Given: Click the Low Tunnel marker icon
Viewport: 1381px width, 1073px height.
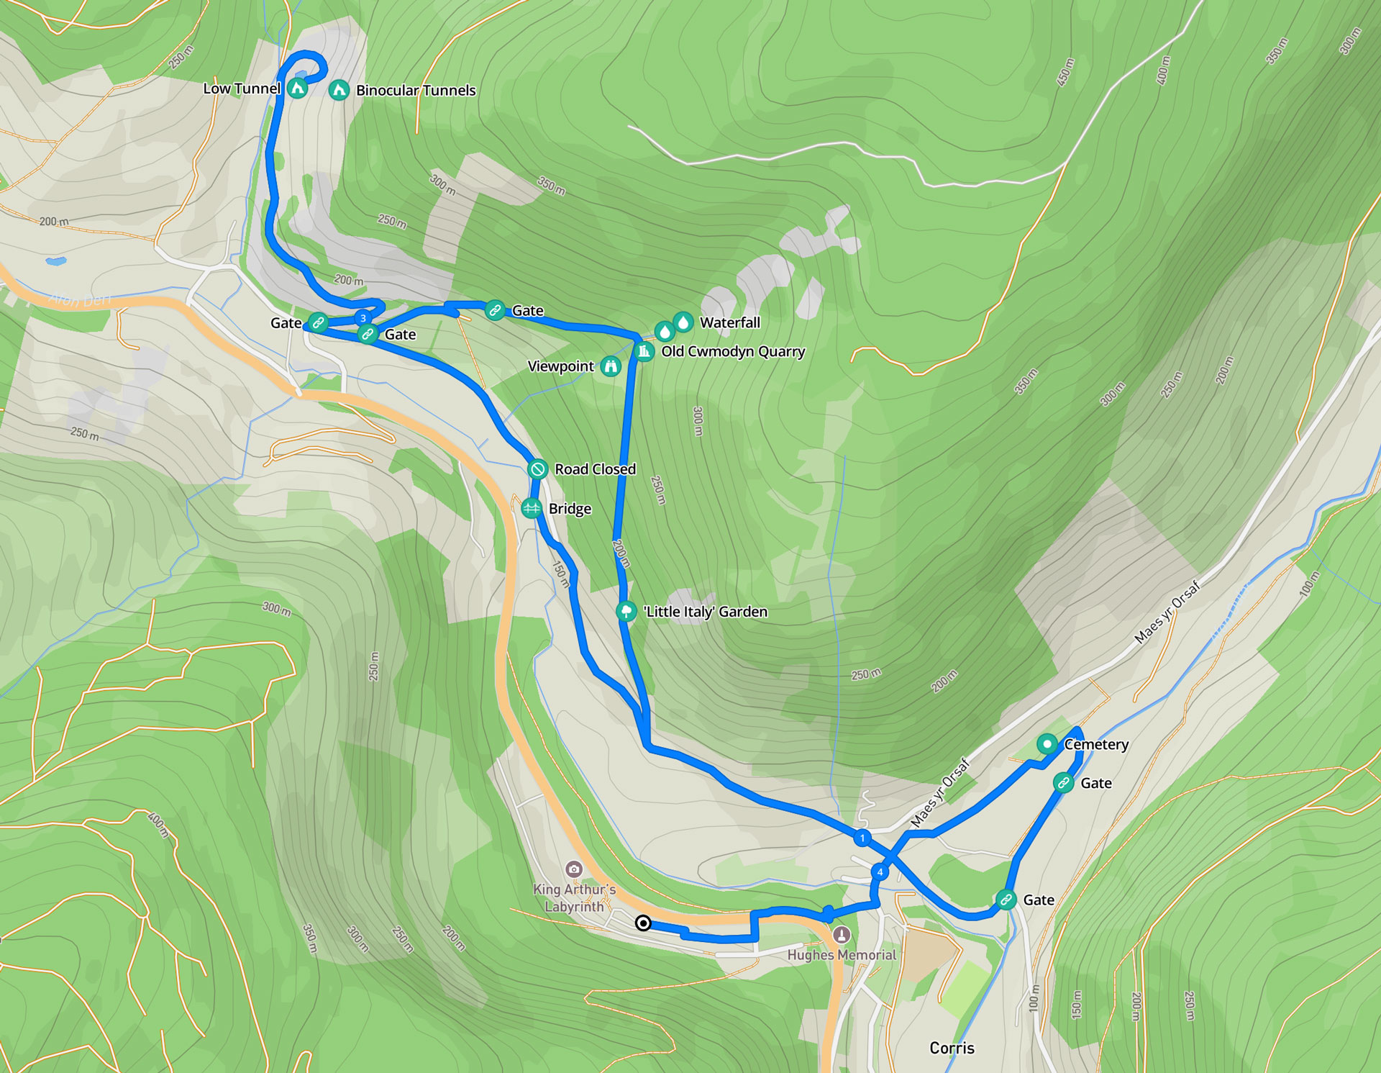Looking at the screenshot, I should (x=297, y=89).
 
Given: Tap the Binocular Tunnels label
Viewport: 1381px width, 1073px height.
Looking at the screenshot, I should (x=416, y=91).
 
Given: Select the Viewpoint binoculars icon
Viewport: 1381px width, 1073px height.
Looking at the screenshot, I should (x=611, y=366).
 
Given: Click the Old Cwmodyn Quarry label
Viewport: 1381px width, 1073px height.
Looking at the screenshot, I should (x=733, y=352).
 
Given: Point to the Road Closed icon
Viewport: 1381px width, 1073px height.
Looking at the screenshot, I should (x=537, y=469).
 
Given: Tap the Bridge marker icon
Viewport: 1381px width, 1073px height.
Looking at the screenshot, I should (x=532, y=508).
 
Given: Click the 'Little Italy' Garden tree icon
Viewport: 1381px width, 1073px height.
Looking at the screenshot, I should (x=626, y=612).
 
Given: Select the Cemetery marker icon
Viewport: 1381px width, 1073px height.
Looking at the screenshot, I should (x=1047, y=743).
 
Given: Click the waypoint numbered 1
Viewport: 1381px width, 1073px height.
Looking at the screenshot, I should (x=862, y=838).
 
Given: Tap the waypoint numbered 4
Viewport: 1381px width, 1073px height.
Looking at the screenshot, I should (x=879, y=872).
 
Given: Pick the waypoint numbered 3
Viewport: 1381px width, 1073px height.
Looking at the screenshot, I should (x=363, y=318).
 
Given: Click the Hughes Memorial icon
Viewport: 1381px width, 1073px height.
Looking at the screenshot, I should (x=842, y=934).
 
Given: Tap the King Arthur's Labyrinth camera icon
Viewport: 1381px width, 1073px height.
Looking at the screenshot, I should (x=573, y=869).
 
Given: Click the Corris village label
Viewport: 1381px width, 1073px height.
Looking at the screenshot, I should (x=952, y=1048).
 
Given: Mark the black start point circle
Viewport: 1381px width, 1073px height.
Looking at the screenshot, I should (x=643, y=923).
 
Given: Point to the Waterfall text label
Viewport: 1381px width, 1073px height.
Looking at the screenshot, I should (x=729, y=322).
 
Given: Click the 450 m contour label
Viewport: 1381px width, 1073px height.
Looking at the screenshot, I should (x=1065, y=73).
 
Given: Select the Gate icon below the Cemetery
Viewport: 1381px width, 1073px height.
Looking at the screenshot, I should (x=1063, y=782).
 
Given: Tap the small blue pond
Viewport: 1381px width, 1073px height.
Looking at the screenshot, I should (x=56, y=261).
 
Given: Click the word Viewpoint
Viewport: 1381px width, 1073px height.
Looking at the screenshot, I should (x=560, y=366).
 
